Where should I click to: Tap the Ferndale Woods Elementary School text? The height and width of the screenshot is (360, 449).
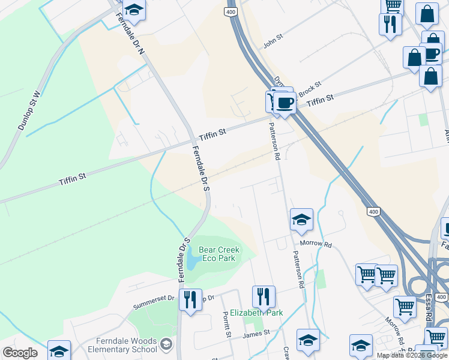point(122,345)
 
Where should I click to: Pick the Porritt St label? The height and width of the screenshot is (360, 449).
point(227,324)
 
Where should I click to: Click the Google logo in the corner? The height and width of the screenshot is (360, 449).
point(20,353)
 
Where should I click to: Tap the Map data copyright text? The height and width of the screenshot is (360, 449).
point(412,355)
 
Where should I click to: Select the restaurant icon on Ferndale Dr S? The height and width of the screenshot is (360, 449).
point(190,298)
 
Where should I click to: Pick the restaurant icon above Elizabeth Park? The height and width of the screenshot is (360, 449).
point(264,295)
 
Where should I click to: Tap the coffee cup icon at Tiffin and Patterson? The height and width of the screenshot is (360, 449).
point(285,101)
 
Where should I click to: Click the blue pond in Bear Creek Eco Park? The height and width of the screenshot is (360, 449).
point(192,259)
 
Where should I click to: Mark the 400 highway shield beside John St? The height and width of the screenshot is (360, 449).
point(231,11)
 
